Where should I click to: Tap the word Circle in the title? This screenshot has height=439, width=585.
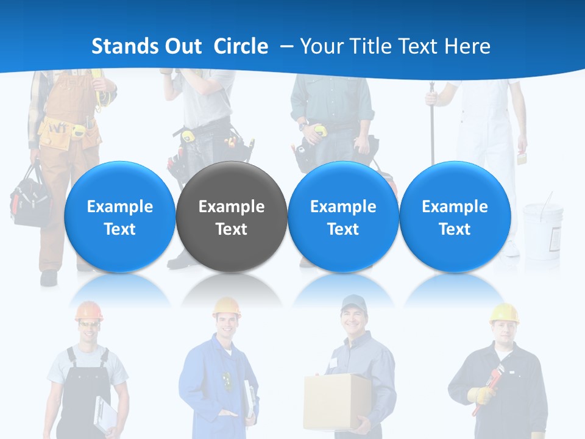click(241, 46)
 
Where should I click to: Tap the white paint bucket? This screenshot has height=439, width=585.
click(542, 229)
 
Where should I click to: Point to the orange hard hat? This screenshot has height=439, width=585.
click(88, 311)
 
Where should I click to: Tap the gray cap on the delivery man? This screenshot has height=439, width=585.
click(353, 302)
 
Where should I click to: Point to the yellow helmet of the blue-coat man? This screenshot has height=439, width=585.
click(226, 307)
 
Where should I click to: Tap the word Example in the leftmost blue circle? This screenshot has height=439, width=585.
click(119, 207)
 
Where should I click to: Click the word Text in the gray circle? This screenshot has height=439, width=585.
click(231, 229)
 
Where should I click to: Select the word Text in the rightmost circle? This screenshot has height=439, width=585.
click(455, 229)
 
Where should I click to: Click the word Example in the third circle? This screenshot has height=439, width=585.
click(343, 207)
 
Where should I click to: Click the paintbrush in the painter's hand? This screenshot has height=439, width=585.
click(521, 157)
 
